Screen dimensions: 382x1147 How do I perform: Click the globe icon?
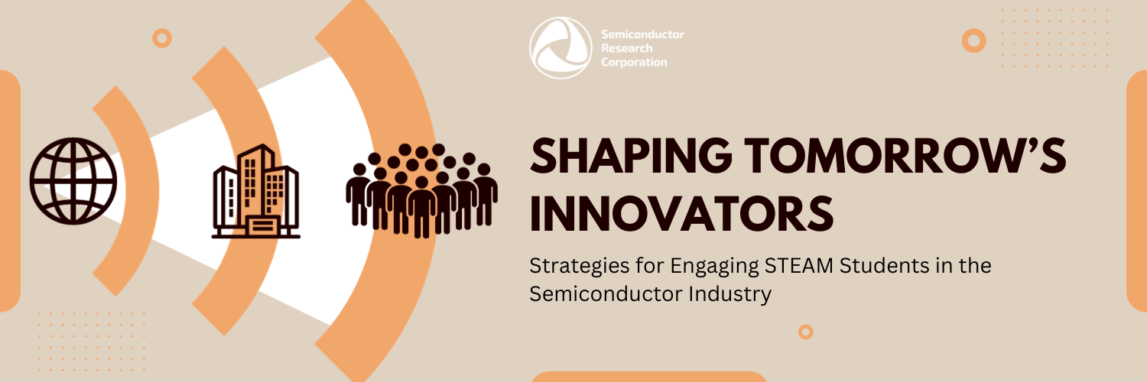(x=73, y=181)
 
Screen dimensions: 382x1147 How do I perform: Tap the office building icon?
(x=255, y=191)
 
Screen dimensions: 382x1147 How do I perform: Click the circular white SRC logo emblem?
(x=561, y=47)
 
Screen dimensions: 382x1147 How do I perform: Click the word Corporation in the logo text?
(x=634, y=63)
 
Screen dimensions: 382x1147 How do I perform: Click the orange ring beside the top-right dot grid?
(x=973, y=40)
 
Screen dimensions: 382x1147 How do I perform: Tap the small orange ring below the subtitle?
(x=805, y=332)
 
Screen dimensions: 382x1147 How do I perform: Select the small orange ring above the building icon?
(x=161, y=38)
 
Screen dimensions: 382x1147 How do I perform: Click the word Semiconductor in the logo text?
(x=643, y=35)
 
